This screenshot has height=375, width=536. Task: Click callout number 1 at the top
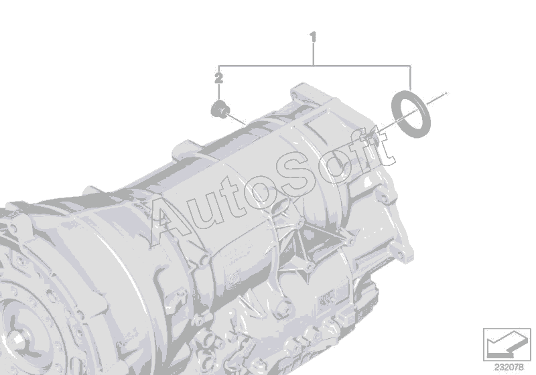[x=313, y=37]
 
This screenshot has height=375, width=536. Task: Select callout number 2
[x=219, y=78]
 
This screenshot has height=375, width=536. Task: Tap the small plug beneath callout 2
[x=220, y=109]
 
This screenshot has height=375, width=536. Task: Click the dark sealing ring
[x=411, y=114]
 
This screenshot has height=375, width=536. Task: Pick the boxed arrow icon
[x=507, y=345]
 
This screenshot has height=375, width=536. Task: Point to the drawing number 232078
[x=509, y=368]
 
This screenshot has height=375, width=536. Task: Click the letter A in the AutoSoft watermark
[x=171, y=222]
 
